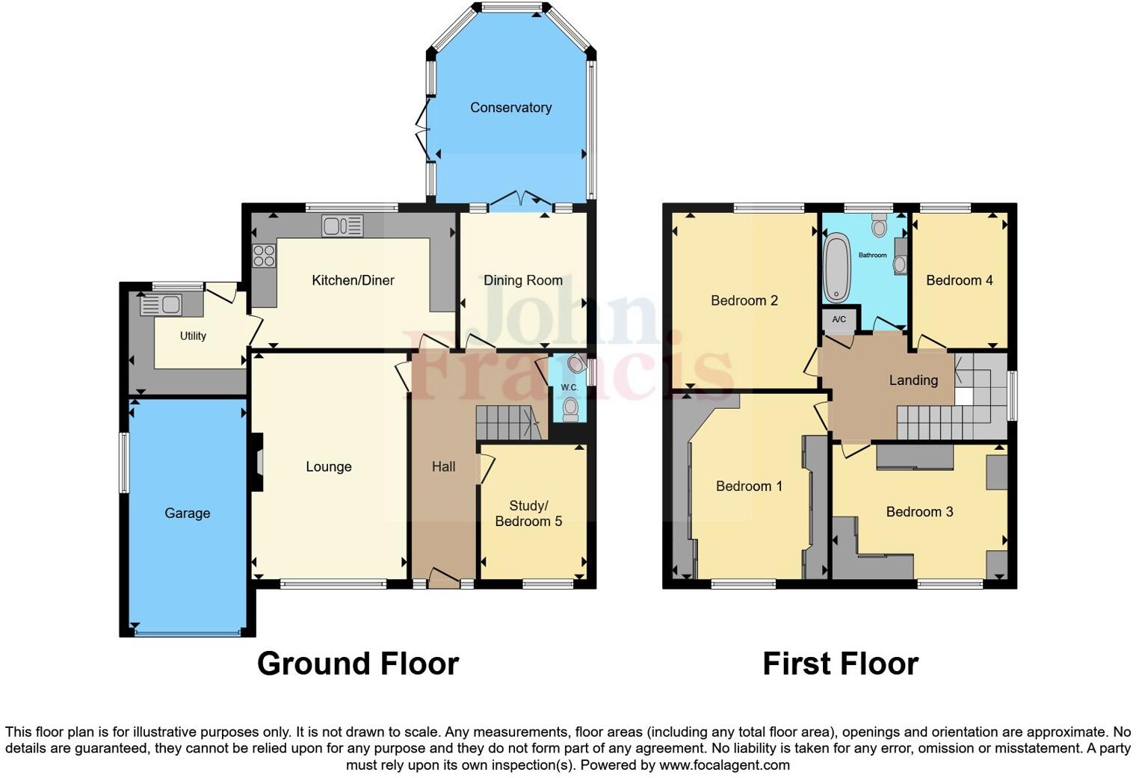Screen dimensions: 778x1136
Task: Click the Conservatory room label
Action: [x=510, y=108]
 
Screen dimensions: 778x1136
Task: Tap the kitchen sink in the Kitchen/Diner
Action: [x=342, y=225]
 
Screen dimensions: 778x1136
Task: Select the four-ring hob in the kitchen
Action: [x=263, y=256]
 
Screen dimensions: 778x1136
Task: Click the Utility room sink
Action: [x=161, y=305]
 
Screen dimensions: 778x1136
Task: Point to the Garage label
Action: [x=187, y=513]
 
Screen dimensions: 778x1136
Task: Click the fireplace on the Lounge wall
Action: [x=258, y=463]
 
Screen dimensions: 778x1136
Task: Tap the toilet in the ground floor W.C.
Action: [x=571, y=407]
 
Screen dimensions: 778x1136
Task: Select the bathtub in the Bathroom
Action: [x=836, y=267]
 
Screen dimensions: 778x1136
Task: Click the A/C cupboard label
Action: [x=839, y=320]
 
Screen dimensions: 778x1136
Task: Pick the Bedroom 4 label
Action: [x=959, y=280]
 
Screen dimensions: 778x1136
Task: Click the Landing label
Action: [x=913, y=380]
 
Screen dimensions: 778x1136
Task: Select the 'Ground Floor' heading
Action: [x=357, y=664]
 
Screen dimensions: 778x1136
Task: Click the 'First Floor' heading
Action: [x=840, y=664]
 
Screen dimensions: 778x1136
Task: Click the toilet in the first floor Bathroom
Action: [x=879, y=225]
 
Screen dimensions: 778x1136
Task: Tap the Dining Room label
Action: [x=522, y=280]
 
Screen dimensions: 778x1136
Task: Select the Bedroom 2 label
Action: [x=744, y=300]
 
